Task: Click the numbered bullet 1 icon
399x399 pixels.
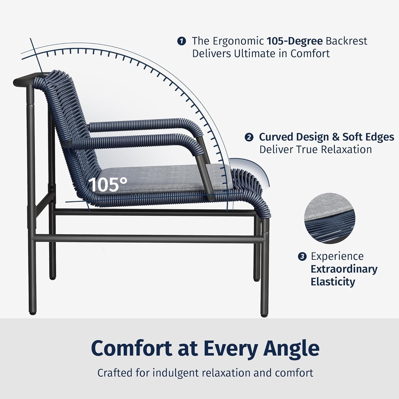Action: tap(181, 41)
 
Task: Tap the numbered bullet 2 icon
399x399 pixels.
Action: tap(249, 137)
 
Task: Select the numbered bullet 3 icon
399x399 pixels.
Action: tap(302, 257)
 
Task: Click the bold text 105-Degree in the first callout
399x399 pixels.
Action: tap(294, 41)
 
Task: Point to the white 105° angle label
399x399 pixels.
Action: tap(108, 184)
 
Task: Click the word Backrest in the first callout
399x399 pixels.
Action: tap(346, 41)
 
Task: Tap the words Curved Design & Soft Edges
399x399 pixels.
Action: tap(326, 137)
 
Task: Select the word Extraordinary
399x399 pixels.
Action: tap(344, 269)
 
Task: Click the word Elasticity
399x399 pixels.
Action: tap(333, 282)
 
